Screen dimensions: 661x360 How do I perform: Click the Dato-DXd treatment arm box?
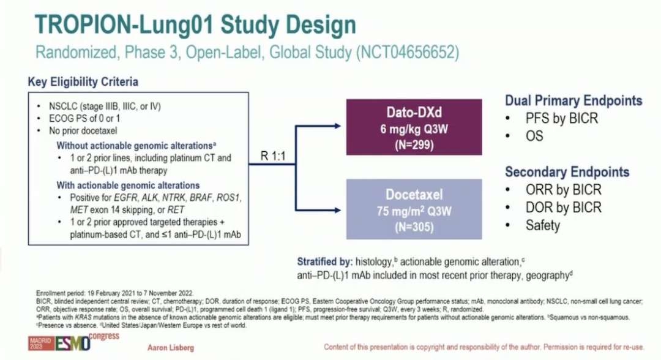(x=414, y=127)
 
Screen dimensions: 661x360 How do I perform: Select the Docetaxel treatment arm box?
(x=414, y=209)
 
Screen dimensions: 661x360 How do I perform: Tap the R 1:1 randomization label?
(x=273, y=156)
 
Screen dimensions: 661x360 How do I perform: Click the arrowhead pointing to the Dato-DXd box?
(x=337, y=126)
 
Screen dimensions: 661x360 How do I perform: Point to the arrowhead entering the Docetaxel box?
(x=337, y=210)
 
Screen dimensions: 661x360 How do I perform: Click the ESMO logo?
(x=72, y=343)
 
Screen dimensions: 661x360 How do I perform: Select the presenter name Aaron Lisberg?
(x=171, y=348)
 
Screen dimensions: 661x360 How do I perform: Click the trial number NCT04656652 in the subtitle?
(x=408, y=52)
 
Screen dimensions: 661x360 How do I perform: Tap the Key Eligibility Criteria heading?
(x=83, y=81)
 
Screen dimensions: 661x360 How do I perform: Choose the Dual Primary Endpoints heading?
(x=573, y=100)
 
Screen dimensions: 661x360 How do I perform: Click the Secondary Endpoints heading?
(x=567, y=171)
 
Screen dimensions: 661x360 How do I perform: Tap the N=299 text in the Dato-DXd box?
(x=414, y=145)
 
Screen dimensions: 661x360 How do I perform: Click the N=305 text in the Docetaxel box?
(x=414, y=227)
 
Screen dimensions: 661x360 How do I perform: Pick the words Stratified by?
(x=324, y=262)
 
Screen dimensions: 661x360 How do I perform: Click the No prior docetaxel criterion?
(x=83, y=130)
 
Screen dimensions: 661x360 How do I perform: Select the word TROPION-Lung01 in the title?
(x=125, y=24)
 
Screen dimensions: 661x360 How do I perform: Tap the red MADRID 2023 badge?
(x=41, y=343)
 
